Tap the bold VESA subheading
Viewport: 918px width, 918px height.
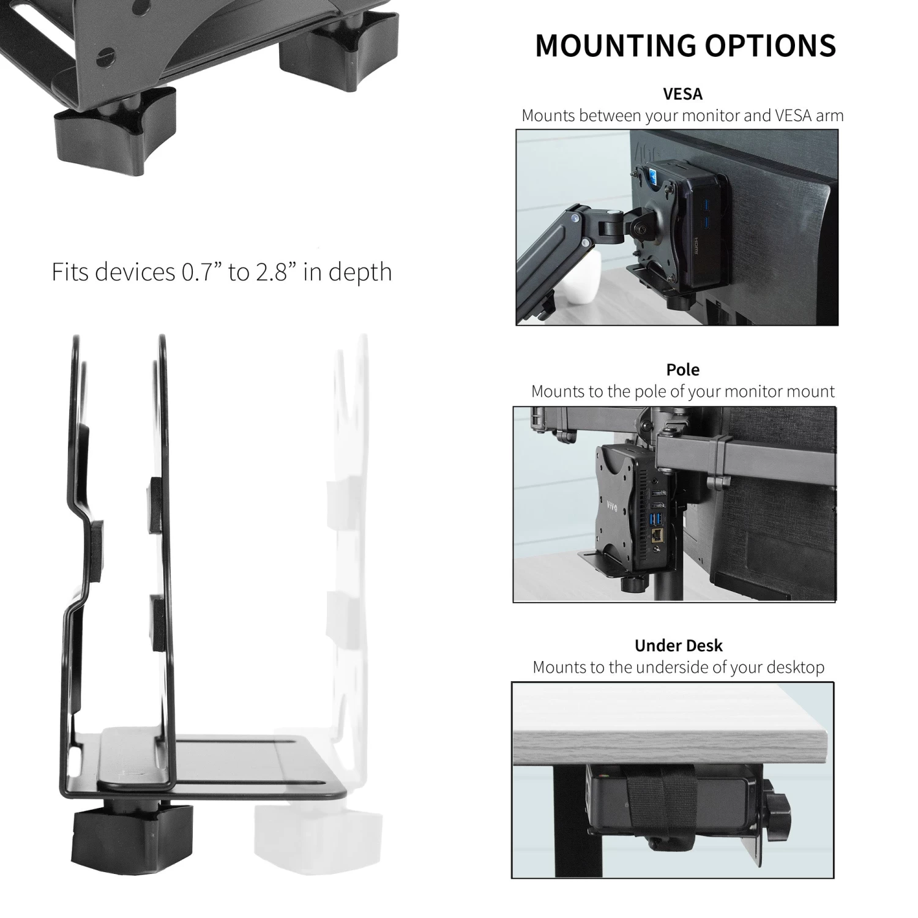pos(683,94)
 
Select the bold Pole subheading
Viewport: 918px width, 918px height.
pos(682,370)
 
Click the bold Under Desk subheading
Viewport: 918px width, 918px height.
pos(678,646)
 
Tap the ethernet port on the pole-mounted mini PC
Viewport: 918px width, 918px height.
pos(659,536)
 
